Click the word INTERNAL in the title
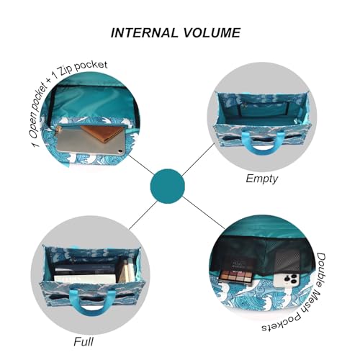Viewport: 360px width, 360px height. click(x=145, y=32)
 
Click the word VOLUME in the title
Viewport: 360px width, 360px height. click(x=212, y=32)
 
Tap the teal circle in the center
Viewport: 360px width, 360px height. click(x=168, y=186)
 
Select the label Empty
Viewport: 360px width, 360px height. click(x=261, y=179)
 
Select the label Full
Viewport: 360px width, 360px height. click(x=84, y=341)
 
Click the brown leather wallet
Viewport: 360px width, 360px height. click(x=102, y=133)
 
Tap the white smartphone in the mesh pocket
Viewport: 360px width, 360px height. click(x=287, y=281)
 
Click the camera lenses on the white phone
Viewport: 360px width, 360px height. click(x=291, y=279)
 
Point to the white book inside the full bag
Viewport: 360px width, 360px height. click(x=84, y=279)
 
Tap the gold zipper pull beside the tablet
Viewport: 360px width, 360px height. click(x=58, y=132)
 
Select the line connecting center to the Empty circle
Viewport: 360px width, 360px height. click(x=198, y=160)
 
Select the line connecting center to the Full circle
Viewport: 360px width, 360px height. click(x=143, y=215)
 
